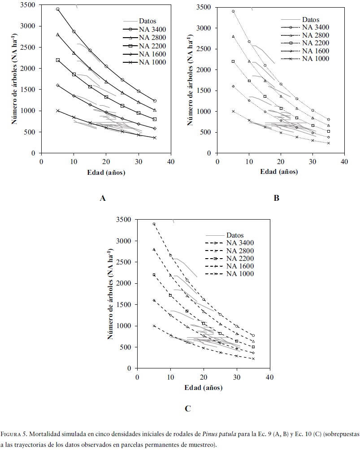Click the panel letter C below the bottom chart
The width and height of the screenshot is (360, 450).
click(x=188, y=408)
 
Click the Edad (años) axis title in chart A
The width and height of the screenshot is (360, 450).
click(x=106, y=172)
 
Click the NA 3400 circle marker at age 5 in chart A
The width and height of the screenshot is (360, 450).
click(x=57, y=9)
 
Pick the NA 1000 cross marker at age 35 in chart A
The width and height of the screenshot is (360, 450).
click(x=155, y=138)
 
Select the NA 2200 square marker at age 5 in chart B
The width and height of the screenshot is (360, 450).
click(x=233, y=61)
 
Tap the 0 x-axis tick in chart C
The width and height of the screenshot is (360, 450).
click(x=137, y=377)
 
